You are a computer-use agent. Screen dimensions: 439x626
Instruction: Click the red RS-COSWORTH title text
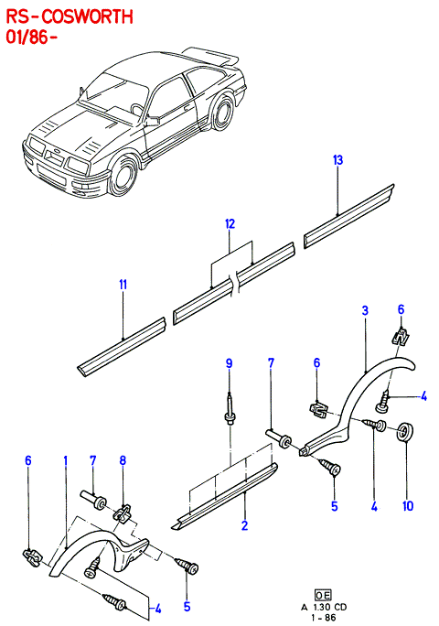pyautogui.click(x=70, y=17)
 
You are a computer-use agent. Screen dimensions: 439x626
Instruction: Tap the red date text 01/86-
pyautogui.click(x=31, y=38)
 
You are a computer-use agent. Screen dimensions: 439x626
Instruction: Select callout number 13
pyautogui.click(x=337, y=160)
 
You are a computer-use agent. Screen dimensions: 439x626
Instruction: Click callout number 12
pyautogui.click(x=230, y=224)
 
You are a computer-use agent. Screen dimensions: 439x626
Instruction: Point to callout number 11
pyautogui.click(x=123, y=285)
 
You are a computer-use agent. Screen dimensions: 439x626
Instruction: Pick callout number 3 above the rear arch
pyautogui.click(x=365, y=310)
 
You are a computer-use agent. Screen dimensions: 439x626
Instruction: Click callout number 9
pyautogui.click(x=229, y=363)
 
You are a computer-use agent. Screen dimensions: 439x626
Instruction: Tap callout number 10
pyautogui.click(x=408, y=506)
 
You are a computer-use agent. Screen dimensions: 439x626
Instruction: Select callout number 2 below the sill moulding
pyautogui.click(x=244, y=525)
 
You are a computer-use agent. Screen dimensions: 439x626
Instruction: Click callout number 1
pyautogui.click(x=66, y=460)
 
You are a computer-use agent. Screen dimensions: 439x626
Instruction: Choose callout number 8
pyautogui.click(x=123, y=460)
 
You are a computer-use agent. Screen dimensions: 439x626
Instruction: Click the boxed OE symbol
pyautogui.click(x=323, y=596)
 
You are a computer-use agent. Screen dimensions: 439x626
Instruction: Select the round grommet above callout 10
pyautogui.click(x=406, y=431)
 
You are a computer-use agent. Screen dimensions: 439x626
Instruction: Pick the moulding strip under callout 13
pyautogui.click(x=348, y=216)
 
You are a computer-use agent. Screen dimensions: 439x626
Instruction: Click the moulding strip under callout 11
pyautogui.click(x=121, y=347)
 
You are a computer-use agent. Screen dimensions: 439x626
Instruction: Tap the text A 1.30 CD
pyautogui.click(x=324, y=607)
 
